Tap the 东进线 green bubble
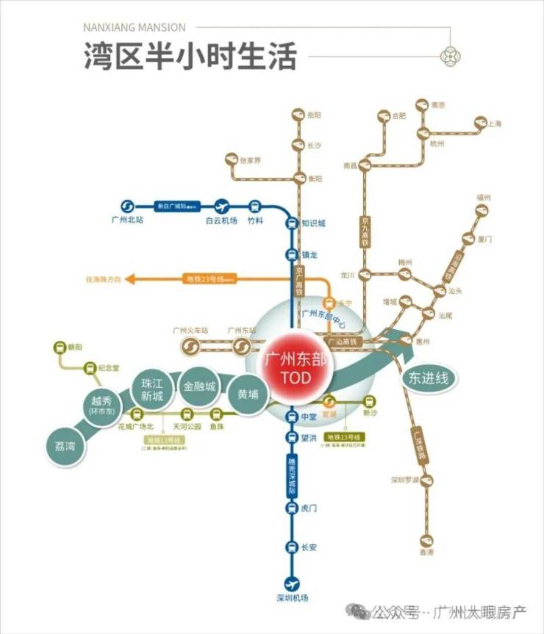coord(429,378)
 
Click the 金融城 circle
coord(200,386)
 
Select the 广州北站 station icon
coord(126,206)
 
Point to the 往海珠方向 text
coord(103,279)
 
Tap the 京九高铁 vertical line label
coord(365,231)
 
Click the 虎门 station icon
coord(292,508)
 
